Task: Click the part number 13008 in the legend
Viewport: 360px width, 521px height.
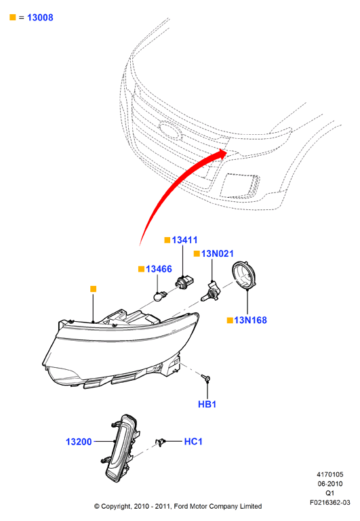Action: [40, 18]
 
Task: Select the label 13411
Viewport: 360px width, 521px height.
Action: [185, 240]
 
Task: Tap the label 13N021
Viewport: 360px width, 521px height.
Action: [218, 253]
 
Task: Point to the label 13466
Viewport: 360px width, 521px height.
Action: [159, 269]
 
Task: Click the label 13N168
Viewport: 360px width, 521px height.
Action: [250, 320]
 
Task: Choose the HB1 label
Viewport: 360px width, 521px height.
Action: [207, 404]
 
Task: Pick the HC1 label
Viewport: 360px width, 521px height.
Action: [193, 441]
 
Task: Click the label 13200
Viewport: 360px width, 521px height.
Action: [79, 442]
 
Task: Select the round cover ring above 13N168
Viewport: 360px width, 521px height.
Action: [244, 276]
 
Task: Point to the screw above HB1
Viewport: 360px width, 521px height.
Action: [206, 377]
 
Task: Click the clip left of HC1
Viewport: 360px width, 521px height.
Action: [161, 442]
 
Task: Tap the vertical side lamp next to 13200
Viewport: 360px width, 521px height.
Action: [121, 448]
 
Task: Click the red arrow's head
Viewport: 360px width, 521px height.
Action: [222, 153]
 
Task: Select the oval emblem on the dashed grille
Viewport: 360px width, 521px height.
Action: [171, 130]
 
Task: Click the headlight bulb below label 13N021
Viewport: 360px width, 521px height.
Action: [210, 292]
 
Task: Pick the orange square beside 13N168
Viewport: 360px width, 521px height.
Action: [230, 320]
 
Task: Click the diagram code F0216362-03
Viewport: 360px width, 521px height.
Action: [329, 503]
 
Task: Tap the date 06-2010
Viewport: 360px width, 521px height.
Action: [329, 484]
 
